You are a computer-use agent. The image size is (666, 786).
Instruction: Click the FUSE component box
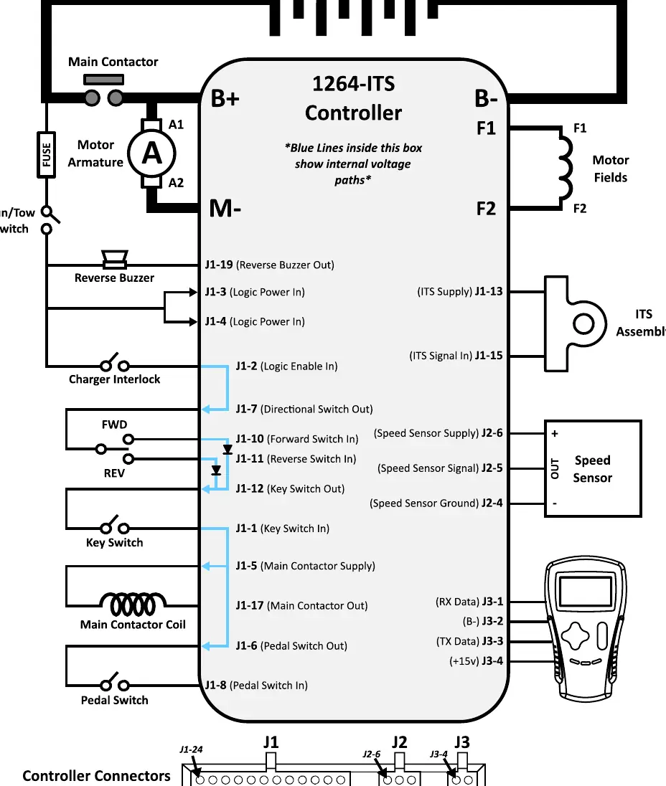coord(46,154)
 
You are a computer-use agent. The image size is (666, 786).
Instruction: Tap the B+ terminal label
coord(225,98)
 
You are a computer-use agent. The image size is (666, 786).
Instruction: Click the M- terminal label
coord(225,208)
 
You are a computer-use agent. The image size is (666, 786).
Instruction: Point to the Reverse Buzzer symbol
coord(114,259)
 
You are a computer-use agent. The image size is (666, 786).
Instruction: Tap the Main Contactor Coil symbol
coord(133,604)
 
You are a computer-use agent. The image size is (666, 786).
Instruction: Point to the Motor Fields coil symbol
coord(566,167)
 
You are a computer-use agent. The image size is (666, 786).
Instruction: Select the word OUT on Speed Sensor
coord(555,468)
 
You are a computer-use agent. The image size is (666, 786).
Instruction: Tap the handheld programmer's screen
coord(585,592)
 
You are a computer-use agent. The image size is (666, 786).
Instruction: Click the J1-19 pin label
coord(219,264)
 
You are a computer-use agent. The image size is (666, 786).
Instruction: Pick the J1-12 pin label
coord(250,488)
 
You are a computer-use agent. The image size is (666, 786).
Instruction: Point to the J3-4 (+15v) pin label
coord(476,661)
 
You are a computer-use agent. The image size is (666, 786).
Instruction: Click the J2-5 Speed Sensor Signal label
coord(440,468)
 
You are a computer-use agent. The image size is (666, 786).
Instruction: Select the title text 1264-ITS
coord(354,84)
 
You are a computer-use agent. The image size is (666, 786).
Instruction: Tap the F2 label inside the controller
coord(486,209)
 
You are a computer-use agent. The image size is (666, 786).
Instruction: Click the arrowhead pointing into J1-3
coord(193,292)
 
